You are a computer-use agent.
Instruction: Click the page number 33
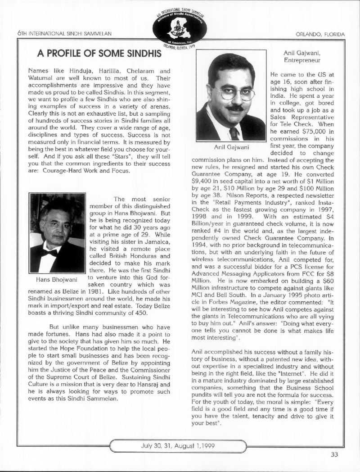[334, 454]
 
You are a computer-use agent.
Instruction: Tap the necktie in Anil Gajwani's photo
[234, 133]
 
